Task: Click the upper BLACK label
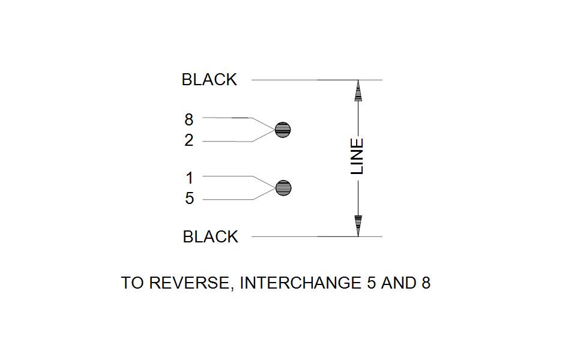tap(209, 80)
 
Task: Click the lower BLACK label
tap(210, 237)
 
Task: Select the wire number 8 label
tap(189, 119)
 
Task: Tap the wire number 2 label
tap(189, 141)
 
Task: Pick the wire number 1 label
tap(190, 178)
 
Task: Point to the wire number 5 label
tap(190, 199)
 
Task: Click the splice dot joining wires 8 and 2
tap(283, 129)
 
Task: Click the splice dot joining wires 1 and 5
tap(283, 188)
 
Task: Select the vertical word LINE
tap(357, 157)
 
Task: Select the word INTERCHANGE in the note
tap(300, 283)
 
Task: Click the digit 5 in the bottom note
tap(371, 283)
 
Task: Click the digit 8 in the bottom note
tap(425, 283)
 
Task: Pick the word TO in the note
tap(132, 283)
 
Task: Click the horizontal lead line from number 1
tap(228, 176)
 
